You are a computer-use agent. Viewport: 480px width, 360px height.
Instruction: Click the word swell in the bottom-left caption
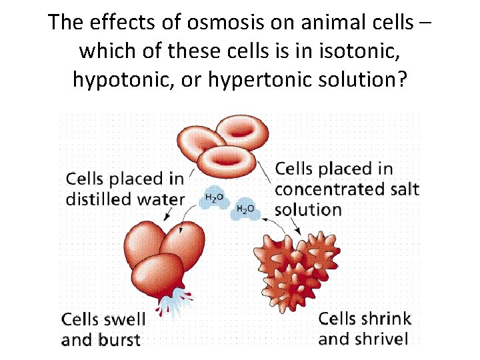tap(123, 319)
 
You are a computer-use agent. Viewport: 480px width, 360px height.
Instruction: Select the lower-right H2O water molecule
tap(246, 210)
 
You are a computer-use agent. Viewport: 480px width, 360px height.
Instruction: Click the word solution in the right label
tap(308, 209)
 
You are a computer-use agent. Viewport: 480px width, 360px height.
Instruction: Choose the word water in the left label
tap(160, 199)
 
